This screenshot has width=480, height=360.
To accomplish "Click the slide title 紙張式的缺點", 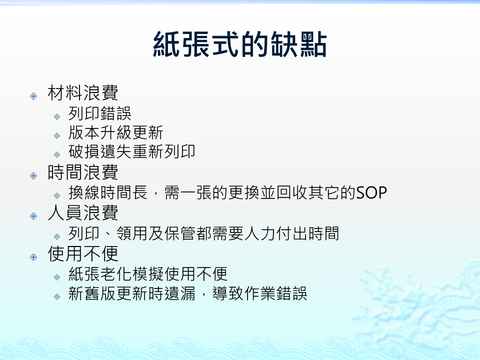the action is pos(240,44).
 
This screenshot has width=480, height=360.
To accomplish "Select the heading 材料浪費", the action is pos(83,93).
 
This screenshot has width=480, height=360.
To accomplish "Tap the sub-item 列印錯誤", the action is pos(100,113).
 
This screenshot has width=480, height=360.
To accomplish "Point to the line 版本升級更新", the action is pos(115,132).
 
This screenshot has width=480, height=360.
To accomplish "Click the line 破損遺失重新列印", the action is pos(131,151).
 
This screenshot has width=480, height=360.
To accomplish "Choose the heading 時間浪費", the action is pos(83,172).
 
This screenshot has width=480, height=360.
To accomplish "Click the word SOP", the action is pos(371,193).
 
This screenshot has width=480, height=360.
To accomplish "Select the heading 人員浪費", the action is pos(83,213).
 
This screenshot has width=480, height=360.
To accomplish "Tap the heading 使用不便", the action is pos(83,253).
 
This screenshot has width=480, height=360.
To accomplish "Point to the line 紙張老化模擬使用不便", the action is pos(148,274).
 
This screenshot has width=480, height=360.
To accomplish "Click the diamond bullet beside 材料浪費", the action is pos(33,96).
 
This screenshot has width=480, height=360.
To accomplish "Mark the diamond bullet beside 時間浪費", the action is pos(33,175).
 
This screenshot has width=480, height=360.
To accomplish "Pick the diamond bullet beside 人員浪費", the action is pos(33,216).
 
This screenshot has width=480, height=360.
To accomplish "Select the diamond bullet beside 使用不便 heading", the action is pos(33,257).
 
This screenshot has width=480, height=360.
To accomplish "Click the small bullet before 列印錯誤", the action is pos(57,116).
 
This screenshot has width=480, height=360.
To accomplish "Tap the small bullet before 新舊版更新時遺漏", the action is pos(57,296).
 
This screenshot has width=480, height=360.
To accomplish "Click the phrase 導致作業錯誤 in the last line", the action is pos(259,293).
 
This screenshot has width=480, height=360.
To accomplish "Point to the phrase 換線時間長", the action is pos(108,192).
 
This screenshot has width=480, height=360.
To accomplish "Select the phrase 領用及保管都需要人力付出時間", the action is pos(227,233).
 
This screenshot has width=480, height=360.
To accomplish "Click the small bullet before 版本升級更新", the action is pos(57,135).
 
